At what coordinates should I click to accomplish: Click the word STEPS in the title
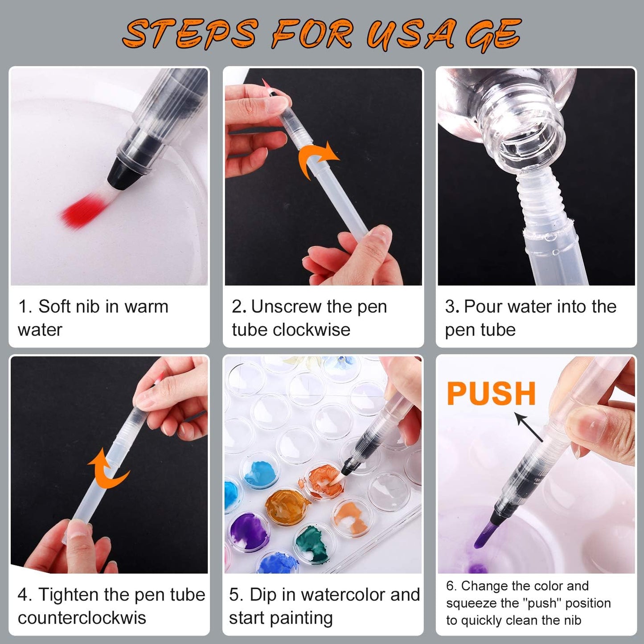click(x=190, y=34)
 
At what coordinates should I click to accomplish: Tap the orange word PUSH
click(x=491, y=394)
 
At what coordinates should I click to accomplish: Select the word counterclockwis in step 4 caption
click(x=82, y=618)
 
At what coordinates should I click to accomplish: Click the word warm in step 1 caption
click(x=146, y=307)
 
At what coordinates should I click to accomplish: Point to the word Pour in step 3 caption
click(x=484, y=307)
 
